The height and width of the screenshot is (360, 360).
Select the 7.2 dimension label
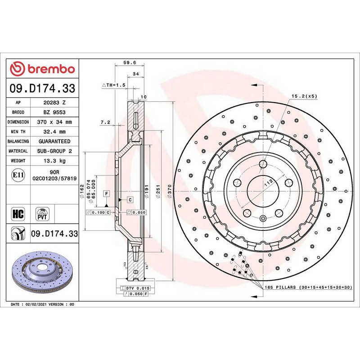[105, 122]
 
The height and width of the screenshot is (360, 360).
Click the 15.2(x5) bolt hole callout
[304, 96]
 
